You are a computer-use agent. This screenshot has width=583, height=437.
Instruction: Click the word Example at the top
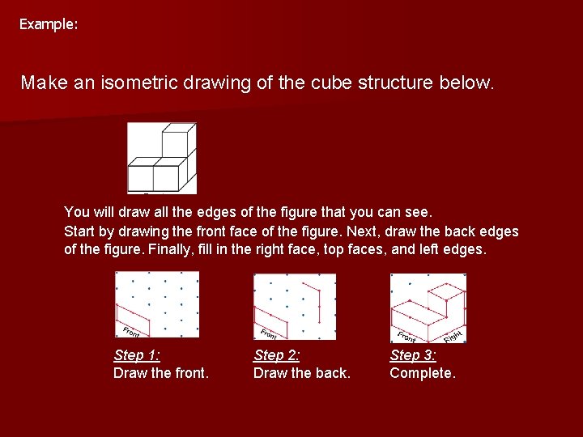(x=47, y=24)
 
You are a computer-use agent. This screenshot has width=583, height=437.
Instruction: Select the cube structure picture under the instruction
(x=162, y=158)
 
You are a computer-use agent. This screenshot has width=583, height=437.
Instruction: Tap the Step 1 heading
(x=137, y=355)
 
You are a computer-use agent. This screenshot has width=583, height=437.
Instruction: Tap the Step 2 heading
(x=277, y=355)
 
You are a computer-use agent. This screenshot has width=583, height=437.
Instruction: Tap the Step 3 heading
(x=413, y=355)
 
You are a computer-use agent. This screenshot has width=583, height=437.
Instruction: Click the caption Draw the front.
(x=161, y=373)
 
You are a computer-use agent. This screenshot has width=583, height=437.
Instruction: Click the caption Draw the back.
(x=302, y=373)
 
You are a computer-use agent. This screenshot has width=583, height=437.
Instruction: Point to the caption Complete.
(x=423, y=373)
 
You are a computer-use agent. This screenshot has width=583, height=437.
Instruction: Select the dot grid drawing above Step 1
(x=157, y=305)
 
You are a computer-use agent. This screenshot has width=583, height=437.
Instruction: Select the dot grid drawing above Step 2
(x=295, y=307)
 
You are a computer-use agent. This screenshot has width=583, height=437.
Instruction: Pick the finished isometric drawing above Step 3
(x=428, y=308)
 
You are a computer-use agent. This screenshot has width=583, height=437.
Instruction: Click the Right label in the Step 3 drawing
(x=453, y=333)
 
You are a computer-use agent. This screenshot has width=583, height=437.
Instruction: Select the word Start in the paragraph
(x=79, y=231)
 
